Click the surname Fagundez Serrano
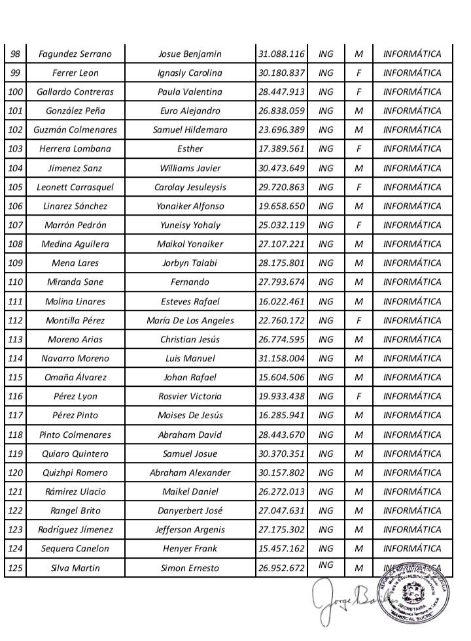75,54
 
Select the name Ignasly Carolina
190,73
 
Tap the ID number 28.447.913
281,92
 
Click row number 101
14,111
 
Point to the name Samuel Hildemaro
190,130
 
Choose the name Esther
190,149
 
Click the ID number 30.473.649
281,168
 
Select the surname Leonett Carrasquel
75,187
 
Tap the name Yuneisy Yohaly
190,225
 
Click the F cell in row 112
358,321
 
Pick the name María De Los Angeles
190,321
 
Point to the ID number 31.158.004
281,359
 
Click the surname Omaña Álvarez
75,378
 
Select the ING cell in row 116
325,397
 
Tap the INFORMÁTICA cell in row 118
412,435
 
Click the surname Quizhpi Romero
75,472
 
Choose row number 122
14,511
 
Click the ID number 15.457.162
281,549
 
